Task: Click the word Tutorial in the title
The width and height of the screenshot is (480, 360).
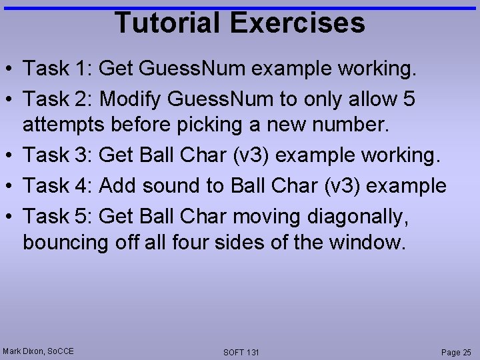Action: pos(169,23)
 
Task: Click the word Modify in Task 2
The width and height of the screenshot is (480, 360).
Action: pos(130,99)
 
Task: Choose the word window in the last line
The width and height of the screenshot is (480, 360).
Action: pos(371,242)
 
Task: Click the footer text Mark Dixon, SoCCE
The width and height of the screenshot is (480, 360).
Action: pos(38,351)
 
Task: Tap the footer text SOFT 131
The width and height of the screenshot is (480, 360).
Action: pos(241,352)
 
